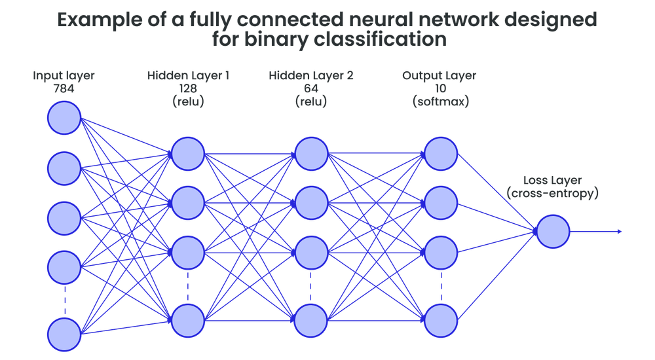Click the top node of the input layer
point(64,118)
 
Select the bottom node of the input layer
point(64,334)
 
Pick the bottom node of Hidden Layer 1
point(187,320)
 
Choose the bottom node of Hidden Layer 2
point(311,320)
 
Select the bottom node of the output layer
point(440,320)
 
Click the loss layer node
point(553,232)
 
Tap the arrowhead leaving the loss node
point(619,232)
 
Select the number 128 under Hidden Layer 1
point(187,89)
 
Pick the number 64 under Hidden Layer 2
point(311,89)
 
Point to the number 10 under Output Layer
point(440,89)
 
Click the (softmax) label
point(440,103)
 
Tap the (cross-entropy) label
point(553,194)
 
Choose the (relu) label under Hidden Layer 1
point(187,103)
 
